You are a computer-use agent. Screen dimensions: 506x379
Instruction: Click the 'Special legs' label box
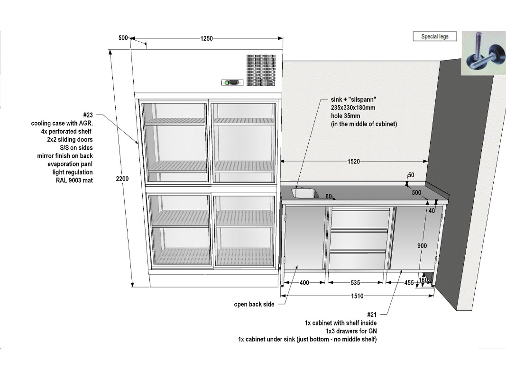click(435, 36)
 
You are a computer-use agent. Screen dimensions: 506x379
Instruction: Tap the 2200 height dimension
click(122, 179)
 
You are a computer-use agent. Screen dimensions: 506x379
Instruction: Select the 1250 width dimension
click(207, 38)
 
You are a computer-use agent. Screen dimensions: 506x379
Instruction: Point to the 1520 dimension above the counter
click(354, 161)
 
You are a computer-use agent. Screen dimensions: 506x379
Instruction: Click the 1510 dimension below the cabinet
click(357, 296)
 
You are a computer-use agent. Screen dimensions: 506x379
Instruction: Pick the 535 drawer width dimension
click(355, 283)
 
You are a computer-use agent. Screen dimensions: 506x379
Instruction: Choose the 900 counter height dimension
click(422, 245)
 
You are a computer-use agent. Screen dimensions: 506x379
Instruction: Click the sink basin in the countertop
click(305, 193)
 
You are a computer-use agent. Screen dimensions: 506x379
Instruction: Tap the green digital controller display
click(232, 82)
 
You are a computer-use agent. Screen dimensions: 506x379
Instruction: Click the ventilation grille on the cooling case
click(261, 70)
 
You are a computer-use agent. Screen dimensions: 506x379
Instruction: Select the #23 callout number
click(88, 115)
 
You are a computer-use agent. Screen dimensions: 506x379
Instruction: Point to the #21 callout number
click(372, 315)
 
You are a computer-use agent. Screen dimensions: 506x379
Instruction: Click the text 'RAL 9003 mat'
click(74, 180)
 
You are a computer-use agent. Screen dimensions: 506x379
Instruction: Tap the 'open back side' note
click(254, 304)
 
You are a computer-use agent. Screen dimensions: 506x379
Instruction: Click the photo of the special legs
click(484, 53)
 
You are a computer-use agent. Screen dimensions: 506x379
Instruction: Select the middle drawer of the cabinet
click(359, 239)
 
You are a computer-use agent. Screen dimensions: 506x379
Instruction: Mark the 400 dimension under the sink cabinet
click(304, 283)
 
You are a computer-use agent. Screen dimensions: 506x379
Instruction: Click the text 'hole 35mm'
click(345, 116)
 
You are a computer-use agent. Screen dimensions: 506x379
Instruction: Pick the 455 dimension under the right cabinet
click(409, 283)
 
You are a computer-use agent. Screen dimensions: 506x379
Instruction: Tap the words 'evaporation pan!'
click(70, 164)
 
